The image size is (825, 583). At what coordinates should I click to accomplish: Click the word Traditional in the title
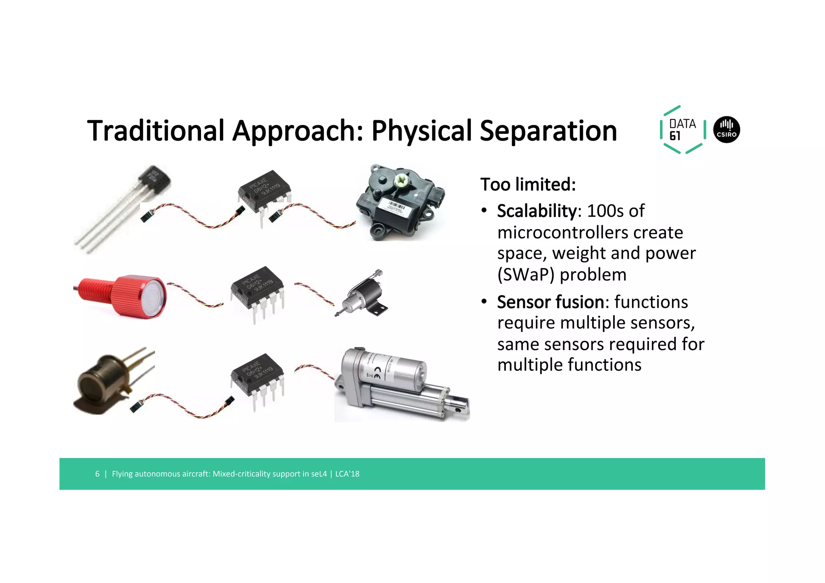[155, 131]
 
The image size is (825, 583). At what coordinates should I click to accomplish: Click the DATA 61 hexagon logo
[682, 130]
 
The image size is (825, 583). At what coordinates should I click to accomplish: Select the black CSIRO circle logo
[726, 130]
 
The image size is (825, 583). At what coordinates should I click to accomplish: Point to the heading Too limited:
[528, 185]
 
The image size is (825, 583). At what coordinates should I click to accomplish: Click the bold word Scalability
[537, 211]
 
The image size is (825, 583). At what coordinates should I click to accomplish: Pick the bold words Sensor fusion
[550, 302]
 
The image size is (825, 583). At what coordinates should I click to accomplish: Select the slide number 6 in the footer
[97, 474]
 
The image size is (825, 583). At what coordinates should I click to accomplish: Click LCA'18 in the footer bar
[347, 474]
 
